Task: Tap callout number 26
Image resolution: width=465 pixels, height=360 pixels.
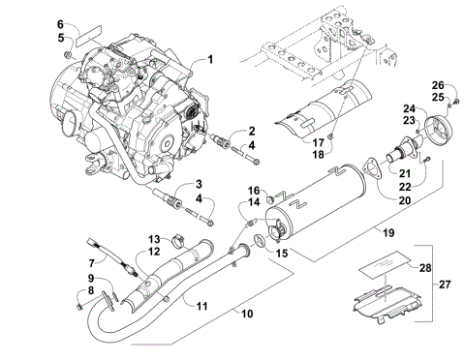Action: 437,84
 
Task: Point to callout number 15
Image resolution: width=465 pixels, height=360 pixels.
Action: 283,254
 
